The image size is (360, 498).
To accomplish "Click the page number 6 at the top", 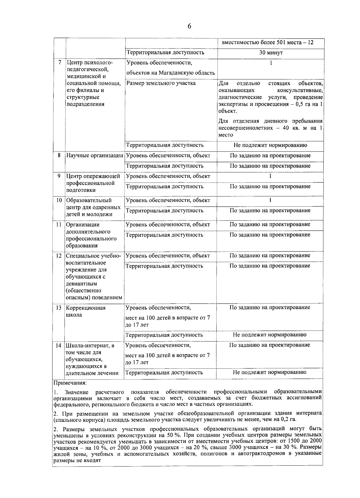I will click(189, 26).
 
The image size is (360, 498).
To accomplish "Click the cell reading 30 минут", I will click(271, 53).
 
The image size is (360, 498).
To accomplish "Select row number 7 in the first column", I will click(60, 63).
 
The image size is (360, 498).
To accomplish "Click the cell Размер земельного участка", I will click(161, 83).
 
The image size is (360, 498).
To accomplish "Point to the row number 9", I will click(59, 176).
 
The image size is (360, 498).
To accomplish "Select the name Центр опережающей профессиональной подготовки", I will click(93, 183).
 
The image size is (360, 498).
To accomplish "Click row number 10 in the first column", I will click(59, 200).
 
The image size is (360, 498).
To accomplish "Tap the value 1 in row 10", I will click(270, 200).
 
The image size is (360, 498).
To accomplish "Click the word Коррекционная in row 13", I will click(86, 308).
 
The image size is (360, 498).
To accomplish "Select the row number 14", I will click(58, 345).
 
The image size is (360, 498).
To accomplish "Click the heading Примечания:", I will click(70, 383).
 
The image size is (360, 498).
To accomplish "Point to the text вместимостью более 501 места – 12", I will click(267, 42).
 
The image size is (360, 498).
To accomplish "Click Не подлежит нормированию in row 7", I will click(270, 145).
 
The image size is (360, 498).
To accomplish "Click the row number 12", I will click(59, 256).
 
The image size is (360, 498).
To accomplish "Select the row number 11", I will click(59, 225).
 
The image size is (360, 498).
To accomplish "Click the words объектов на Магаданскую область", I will click(170, 73).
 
